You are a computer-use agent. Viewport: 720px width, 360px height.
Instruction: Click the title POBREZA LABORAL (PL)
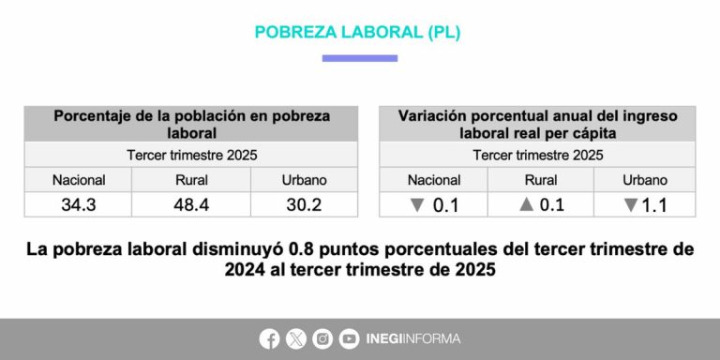click(x=358, y=32)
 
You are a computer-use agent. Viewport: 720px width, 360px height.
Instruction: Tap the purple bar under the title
click(x=359, y=58)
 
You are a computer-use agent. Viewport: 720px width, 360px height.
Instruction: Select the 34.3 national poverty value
click(x=79, y=205)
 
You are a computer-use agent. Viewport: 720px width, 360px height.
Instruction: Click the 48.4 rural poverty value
click(x=192, y=205)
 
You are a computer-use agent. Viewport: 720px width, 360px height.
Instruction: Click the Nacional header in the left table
click(x=79, y=180)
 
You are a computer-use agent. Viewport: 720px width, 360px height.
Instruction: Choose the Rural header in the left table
click(x=192, y=180)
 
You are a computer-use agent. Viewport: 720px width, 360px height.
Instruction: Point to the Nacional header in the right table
click(x=433, y=180)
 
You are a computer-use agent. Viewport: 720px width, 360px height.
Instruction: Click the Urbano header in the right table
click(x=645, y=180)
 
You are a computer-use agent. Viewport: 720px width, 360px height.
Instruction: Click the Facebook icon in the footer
click(x=269, y=338)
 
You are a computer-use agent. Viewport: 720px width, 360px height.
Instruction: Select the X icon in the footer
click(x=295, y=338)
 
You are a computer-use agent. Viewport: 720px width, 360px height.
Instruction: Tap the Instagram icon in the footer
click(x=322, y=338)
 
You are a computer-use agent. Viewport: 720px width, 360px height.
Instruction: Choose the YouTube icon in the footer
click(x=349, y=338)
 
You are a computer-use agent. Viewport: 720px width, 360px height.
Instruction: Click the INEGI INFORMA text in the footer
click(x=413, y=338)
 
